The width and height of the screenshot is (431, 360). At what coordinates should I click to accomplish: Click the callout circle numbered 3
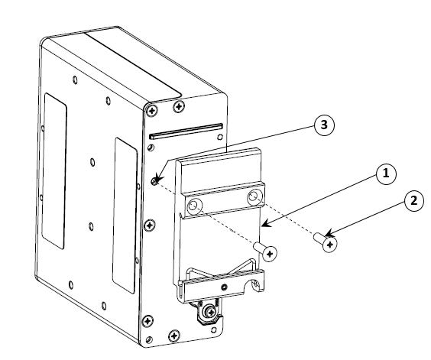pos(324,125)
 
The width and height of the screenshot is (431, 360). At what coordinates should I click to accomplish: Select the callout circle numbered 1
pos(386,174)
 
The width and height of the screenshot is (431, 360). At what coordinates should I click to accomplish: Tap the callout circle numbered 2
pos(413,201)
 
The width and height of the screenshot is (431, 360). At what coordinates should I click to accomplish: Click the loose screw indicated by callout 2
pos(326,242)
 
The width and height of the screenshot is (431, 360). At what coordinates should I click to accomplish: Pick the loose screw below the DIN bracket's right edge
pos(265,251)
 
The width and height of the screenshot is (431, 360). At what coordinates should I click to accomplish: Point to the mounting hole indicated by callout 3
pos(155,180)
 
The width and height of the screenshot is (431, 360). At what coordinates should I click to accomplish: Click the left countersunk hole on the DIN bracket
pos(194,206)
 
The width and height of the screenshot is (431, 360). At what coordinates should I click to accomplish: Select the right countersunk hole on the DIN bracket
pos(254,197)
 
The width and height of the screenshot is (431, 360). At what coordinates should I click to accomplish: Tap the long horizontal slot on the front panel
pos(186,131)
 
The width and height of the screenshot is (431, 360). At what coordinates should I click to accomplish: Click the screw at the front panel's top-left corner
pos(152,111)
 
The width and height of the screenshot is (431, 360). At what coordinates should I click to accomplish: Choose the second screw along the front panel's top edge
pos(179,106)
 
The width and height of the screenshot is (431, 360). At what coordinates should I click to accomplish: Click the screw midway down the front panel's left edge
pos(149,225)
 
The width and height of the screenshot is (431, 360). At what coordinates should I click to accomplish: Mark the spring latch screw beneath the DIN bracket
pos(211,312)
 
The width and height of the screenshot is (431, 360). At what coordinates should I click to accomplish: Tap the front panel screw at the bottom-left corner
pos(147,321)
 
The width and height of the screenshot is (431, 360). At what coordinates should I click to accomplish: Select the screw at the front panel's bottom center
pos(174,336)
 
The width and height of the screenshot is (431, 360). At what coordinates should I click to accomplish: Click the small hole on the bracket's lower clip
pos(225,287)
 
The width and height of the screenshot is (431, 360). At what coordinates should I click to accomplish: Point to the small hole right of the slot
pos(220,137)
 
